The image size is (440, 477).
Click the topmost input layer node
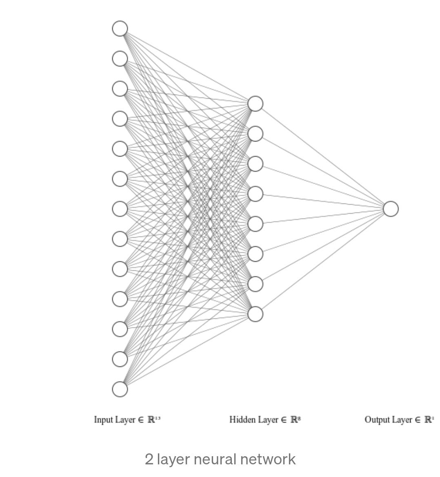click(x=120, y=29)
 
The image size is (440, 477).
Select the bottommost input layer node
click(x=120, y=389)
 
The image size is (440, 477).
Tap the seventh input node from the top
click(x=120, y=209)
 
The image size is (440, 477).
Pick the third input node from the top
click(x=120, y=88)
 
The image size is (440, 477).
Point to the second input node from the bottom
click(x=120, y=359)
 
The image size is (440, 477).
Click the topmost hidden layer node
click(x=256, y=104)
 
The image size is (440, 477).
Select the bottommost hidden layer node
click(x=256, y=314)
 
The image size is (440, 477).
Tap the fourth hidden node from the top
click(x=256, y=194)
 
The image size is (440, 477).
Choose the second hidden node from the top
click(x=256, y=134)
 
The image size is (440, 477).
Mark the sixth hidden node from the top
click(x=256, y=254)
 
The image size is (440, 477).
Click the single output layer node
click(x=391, y=209)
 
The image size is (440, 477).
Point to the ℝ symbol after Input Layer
click(x=151, y=420)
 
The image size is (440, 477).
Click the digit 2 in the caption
click(x=149, y=459)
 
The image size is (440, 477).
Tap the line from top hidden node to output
click(x=323, y=156)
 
